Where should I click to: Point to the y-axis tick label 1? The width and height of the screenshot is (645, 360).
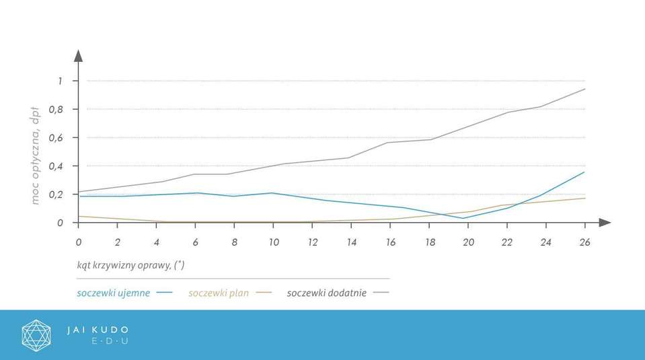(59, 81)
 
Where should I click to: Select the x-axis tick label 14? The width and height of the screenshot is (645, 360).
(350, 242)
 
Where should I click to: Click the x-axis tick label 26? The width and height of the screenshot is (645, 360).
(584, 242)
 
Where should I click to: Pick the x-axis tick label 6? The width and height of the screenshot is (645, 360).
(195, 242)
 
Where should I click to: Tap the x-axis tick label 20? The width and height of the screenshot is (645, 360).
(467, 242)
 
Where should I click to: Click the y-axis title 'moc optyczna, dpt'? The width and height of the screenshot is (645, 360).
(35, 155)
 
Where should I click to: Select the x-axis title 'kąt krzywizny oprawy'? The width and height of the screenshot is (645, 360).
(130, 265)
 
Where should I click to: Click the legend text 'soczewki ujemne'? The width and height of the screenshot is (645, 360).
(113, 293)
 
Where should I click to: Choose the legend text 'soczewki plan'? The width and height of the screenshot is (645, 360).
(219, 293)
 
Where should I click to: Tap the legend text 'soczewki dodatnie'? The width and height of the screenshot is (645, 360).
(326, 293)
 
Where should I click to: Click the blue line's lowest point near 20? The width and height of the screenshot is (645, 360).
(463, 218)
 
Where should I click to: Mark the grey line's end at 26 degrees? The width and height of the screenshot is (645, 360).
(584, 89)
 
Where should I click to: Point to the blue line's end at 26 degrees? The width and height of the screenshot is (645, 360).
(584, 172)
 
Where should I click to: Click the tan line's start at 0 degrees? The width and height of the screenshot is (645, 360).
(79, 216)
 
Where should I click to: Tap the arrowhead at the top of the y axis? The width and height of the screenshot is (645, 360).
(78, 56)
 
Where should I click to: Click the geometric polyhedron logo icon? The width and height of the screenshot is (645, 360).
(36, 335)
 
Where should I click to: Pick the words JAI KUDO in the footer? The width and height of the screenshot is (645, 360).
(98, 330)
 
